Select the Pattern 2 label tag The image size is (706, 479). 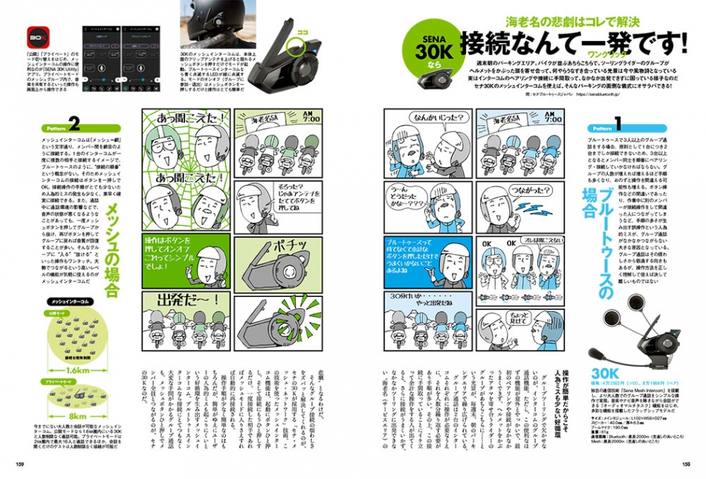(56, 126)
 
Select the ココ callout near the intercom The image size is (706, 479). (302, 33)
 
